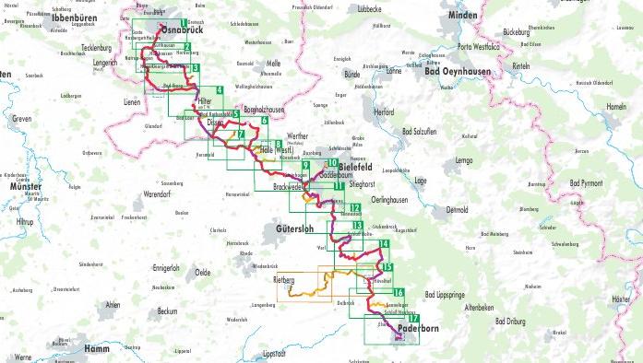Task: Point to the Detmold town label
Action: tap(458, 209)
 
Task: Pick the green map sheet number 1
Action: tap(185, 23)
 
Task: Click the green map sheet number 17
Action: tap(414, 318)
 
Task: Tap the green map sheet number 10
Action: tap(330, 164)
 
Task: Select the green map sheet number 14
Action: tap(384, 244)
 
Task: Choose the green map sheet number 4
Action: tap(220, 89)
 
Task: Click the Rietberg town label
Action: tap(284, 278)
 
